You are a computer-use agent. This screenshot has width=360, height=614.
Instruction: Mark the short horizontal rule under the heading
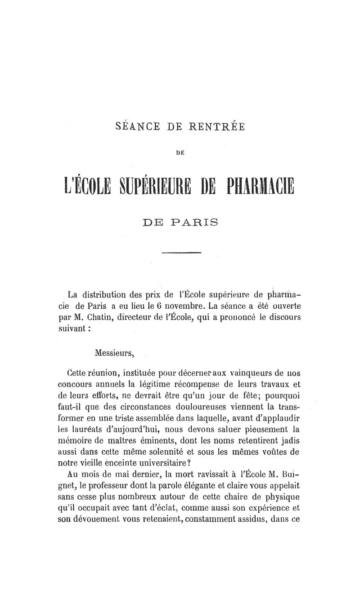click(x=181, y=253)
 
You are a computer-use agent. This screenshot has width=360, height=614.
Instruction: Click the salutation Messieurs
click(x=114, y=352)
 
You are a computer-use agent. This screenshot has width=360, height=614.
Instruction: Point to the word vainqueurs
click(x=253, y=373)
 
